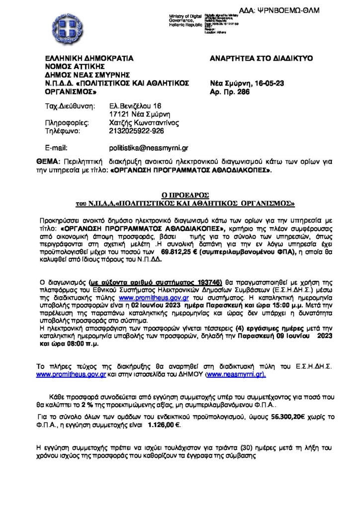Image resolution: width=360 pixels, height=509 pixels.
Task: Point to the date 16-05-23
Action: (x=269, y=84)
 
